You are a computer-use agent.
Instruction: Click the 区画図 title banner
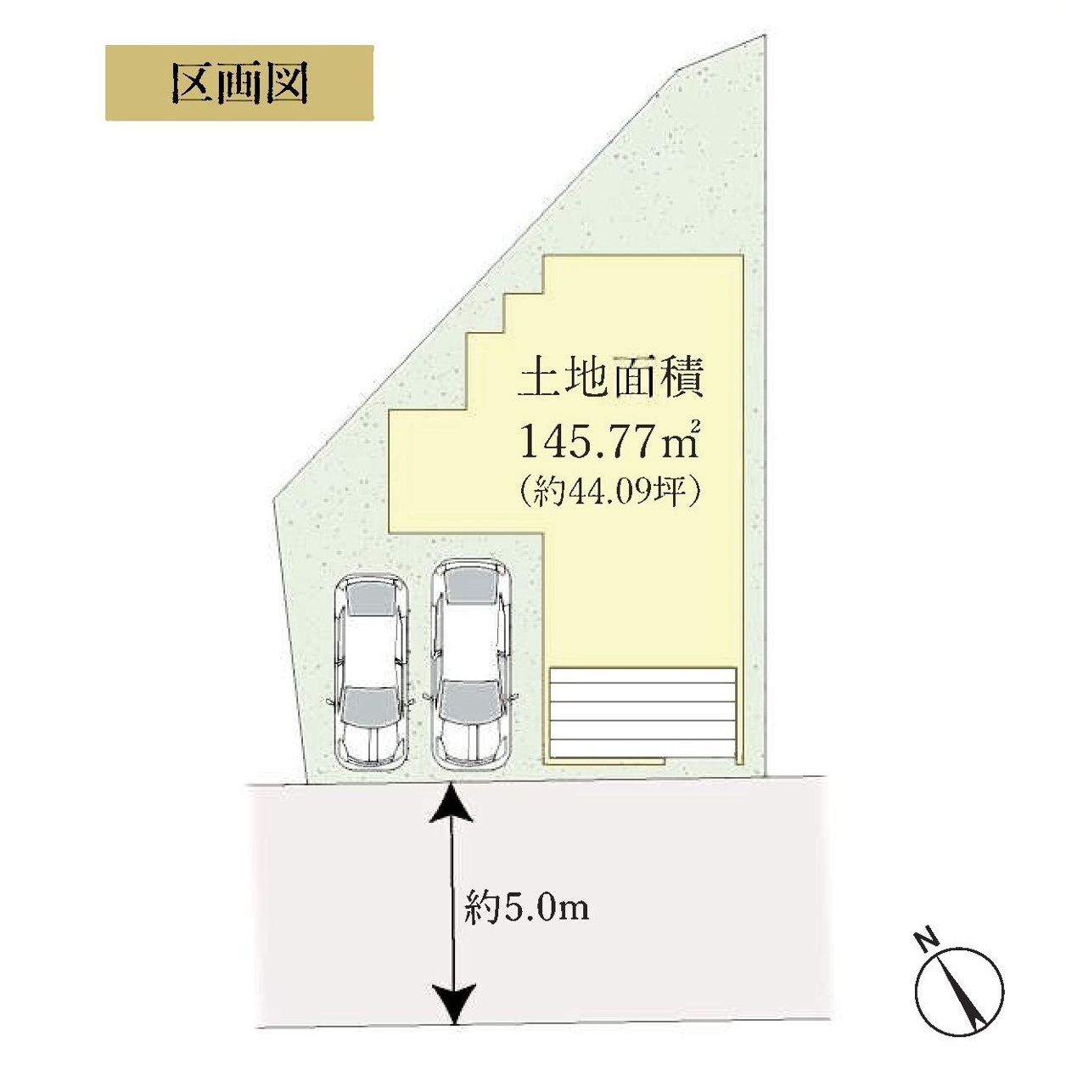pyautogui.click(x=239, y=83)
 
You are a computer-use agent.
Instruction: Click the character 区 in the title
pyautogui.click(x=193, y=83)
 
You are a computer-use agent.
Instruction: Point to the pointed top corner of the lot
pyautogui.click(x=765, y=34)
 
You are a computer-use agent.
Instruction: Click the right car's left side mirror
pyautogui.click(x=428, y=697)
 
